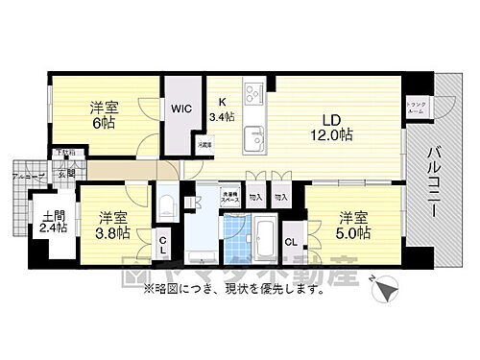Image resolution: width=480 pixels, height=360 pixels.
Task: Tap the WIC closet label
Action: click(180, 109)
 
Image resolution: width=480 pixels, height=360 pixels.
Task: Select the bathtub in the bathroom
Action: click(262, 231)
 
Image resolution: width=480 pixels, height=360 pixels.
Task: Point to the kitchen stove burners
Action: click(253, 95)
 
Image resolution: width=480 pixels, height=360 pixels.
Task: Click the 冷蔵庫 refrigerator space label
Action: click(204, 145)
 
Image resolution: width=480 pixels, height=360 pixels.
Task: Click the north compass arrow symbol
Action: click(383, 288)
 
